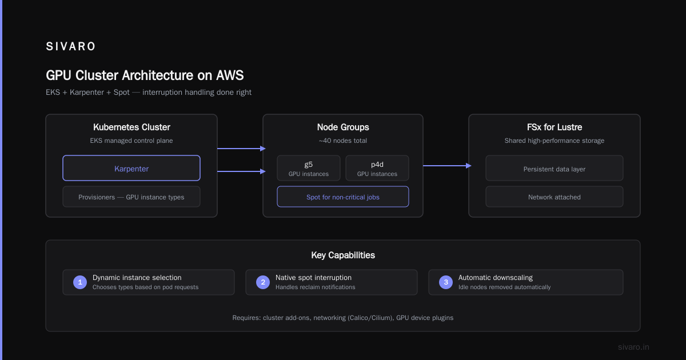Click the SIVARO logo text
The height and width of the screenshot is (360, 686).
point(70,46)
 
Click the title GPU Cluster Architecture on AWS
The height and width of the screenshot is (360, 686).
point(145,75)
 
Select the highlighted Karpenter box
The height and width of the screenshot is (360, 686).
point(131,168)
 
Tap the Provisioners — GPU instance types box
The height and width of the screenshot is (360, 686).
point(131,197)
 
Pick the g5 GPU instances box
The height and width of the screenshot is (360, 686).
point(308,168)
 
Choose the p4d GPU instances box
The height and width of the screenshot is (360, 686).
point(377,168)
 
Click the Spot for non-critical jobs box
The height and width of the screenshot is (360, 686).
point(342,197)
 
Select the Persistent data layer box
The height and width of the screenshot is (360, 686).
point(555,168)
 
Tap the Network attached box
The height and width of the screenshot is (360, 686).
point(555,197)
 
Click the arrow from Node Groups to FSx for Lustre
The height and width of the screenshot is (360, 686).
point(447,166)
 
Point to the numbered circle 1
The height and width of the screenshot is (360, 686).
point(80,282)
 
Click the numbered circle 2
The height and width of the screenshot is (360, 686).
point(263,282)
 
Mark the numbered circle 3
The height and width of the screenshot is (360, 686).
point(446,282)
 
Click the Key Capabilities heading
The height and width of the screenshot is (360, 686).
point(343,255)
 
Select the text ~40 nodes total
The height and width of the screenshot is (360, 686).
point(342,141)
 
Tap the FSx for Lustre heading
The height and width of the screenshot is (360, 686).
point(555,127)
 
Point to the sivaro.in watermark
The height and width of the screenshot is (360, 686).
point(633,347)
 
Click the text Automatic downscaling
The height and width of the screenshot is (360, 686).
point(496,278)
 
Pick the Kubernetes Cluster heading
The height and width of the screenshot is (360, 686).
point(131,127)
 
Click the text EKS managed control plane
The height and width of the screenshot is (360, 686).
point(131,141)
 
